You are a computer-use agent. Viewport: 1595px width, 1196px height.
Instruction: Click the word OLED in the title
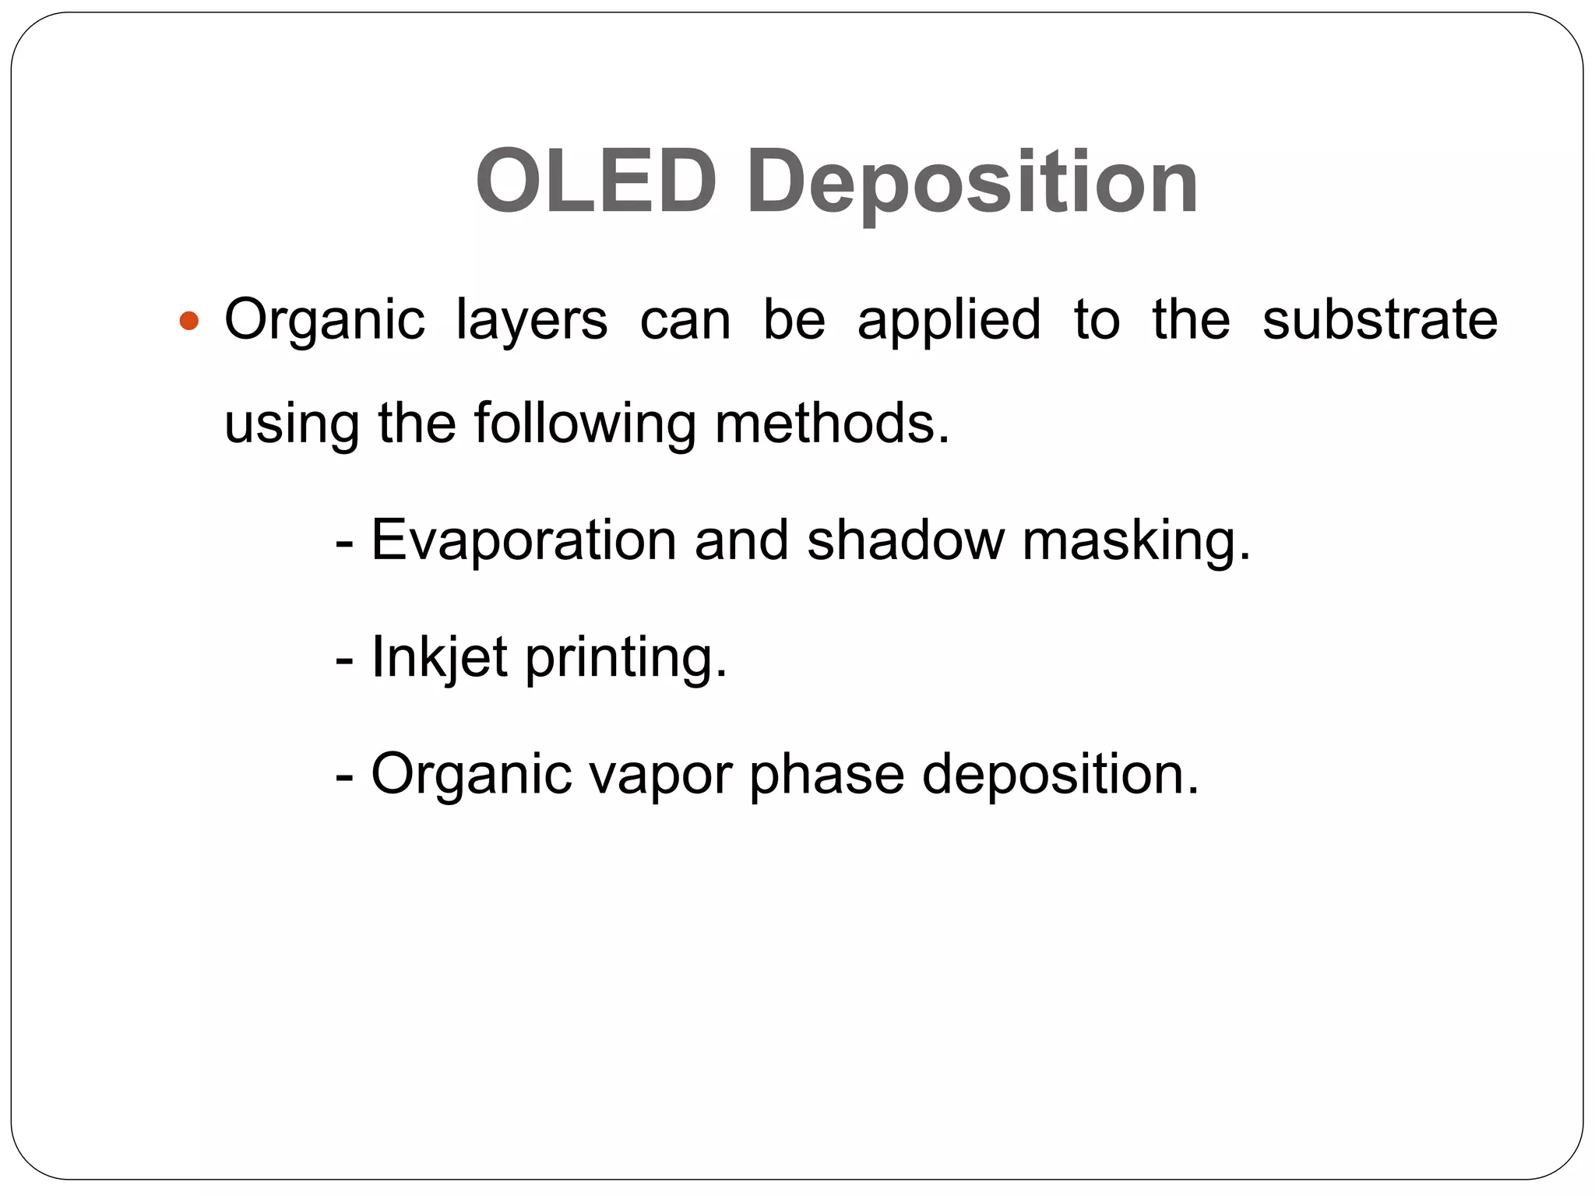point(596,181)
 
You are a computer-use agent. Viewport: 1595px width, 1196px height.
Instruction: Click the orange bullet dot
point(189,320)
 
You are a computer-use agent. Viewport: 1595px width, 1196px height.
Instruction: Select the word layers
point(531,321)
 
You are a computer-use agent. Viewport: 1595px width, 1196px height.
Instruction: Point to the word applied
point(949,321)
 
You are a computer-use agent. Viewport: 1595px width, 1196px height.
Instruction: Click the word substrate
point(1379,319)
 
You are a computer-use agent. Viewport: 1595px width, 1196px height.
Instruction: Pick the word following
point(585,425)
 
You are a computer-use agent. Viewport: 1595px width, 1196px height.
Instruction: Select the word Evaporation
point(523,540)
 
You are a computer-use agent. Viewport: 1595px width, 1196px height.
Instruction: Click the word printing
point(626,659)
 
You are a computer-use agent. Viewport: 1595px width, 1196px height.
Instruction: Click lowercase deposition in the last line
point(1060,774)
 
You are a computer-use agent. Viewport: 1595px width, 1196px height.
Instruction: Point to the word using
point(291,425)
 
